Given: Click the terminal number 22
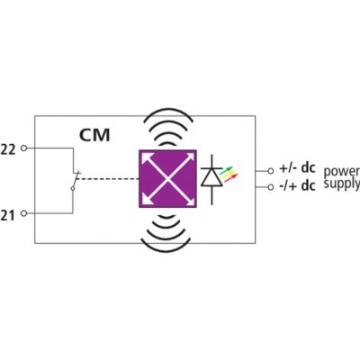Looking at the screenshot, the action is [x=8, y=149].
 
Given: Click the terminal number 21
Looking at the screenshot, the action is [x=7, y=215].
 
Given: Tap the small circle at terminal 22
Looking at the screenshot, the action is [x=23, y=148].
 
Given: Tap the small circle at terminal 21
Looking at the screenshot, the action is [x=23, y=213].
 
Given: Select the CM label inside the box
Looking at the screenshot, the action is [x=94, y=135].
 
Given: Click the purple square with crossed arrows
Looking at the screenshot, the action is [x=167, y=179].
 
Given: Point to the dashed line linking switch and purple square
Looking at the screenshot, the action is [x=108, y=179].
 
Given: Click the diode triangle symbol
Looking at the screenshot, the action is [x=211, y=177].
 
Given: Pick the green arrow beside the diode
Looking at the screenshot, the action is [x=226, y=170].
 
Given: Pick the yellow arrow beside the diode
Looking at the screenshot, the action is [x=229, y=175].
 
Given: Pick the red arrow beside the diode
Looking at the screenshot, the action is [x=230, y=179].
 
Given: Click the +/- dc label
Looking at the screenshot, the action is [x=297, y=168].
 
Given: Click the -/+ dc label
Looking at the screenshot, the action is [x=297, y=185].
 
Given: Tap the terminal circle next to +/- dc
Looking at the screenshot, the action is [x=271, y=171].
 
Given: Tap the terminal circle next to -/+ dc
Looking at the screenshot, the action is [x=271, y=187].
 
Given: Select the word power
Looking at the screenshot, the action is [x=341, y=171].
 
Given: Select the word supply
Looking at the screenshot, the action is [x=341, y=184].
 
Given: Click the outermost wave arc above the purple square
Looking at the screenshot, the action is [x=168, y=110].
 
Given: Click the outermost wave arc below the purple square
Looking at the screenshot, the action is [x=166, y=250].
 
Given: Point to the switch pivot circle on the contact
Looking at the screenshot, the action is [x=73, y=188].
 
